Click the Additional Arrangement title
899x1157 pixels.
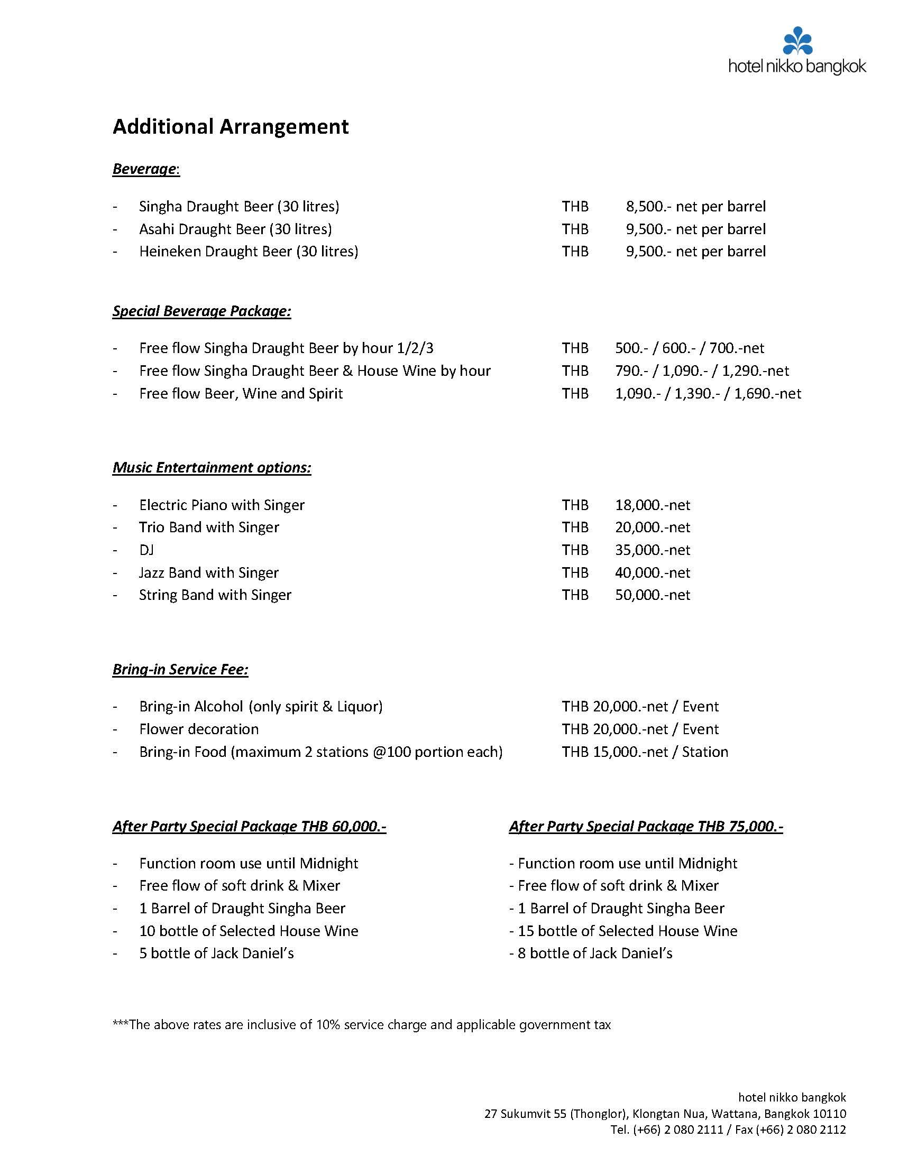click(x=231, y=127)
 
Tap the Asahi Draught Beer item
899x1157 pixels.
click(x=235, y=229)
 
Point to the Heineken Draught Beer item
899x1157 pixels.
click(x=249, y=251)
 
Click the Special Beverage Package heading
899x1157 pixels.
click(x=201, y=311)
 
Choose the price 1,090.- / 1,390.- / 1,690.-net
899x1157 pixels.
click(x=708, y=393)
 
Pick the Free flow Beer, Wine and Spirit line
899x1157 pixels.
click(x=241, y=393)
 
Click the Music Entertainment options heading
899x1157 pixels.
click(x=212, y=467)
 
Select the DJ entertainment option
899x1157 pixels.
click(x=146, y=550)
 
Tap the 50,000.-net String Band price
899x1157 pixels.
click(x=653, y=595)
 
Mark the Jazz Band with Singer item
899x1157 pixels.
click(x=208, y=572)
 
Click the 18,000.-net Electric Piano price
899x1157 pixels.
click(x=653, y=505)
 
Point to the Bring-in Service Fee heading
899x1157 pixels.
click(x=180, y=669)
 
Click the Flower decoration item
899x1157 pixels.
click(x=199, y=729)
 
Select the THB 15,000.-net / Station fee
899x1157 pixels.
click(x=645, y=752)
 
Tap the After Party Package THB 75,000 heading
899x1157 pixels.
click(x=646, y=827)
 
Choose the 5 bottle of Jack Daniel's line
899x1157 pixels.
click(x=216, y=953)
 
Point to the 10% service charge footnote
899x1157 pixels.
click(x=362, y=1024)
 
